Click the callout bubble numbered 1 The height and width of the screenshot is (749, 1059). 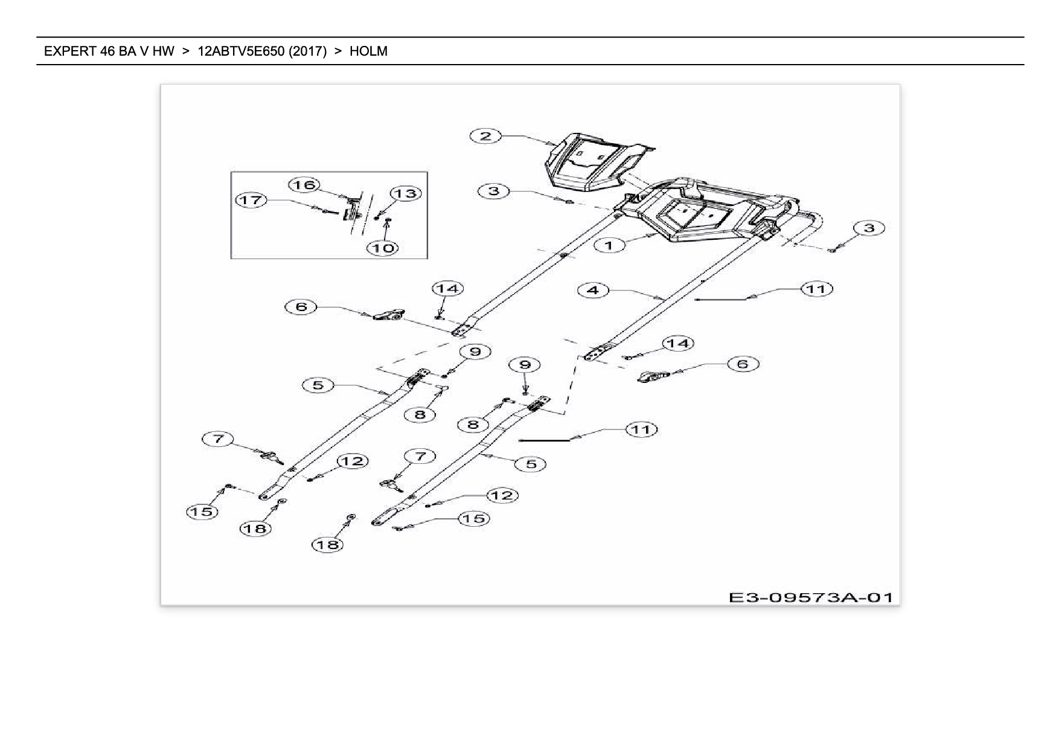tap(609, 245)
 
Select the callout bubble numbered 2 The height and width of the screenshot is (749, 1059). tap(486, 136)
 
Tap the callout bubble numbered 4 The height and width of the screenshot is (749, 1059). tap(593, 291)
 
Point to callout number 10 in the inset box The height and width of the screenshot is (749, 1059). tap(383, 248)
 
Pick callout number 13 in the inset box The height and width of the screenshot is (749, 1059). tap(406, 193)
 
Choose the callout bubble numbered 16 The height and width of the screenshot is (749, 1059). tap(304, 184)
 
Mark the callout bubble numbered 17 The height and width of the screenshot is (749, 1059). tap(251, 199)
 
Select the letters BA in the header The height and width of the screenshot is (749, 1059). tap(127, 51)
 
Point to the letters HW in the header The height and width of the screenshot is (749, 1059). tap(163, 51)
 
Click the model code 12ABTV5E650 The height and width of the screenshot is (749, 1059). tap(241, 51)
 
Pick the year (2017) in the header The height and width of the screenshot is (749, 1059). tap(308, 51)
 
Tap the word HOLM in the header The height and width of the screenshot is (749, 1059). tap(368, 51)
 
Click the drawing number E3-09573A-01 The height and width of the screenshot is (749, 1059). tap(810, 597)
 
